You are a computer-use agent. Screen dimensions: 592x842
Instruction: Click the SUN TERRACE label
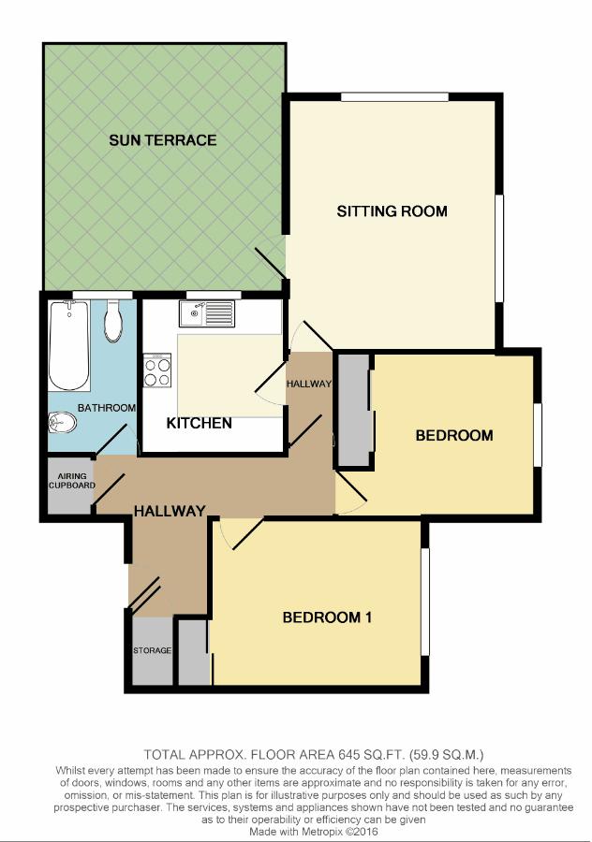pos(162,140)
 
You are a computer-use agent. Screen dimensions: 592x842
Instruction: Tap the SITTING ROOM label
pos(392,211)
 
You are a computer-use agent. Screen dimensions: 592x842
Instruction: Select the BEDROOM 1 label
pos(327,617)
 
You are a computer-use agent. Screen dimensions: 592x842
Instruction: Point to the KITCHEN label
pos(199,423)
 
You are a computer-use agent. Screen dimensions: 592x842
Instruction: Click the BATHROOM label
pos(107,408)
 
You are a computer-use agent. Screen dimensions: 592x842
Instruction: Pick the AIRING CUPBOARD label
pos(71,481)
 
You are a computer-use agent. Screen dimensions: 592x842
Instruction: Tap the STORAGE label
pos(152,650)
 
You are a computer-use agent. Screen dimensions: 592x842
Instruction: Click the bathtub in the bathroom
pos(68,346)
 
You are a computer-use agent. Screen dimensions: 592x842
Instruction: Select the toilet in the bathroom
pos(113,321)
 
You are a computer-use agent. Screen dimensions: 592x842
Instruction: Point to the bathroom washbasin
pos(63,423)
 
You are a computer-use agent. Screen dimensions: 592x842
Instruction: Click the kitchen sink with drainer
pos(207,313)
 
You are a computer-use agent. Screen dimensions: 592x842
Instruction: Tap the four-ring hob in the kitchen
pos(157,370)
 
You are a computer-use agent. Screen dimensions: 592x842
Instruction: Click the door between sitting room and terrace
pos(271,263)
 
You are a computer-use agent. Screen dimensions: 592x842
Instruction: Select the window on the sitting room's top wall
pos(394,97)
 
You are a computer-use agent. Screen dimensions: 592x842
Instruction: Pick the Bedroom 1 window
pos(424,602)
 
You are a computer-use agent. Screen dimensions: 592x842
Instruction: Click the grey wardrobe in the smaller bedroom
pos(354,410)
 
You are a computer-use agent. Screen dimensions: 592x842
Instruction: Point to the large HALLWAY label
pos(170,511)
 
